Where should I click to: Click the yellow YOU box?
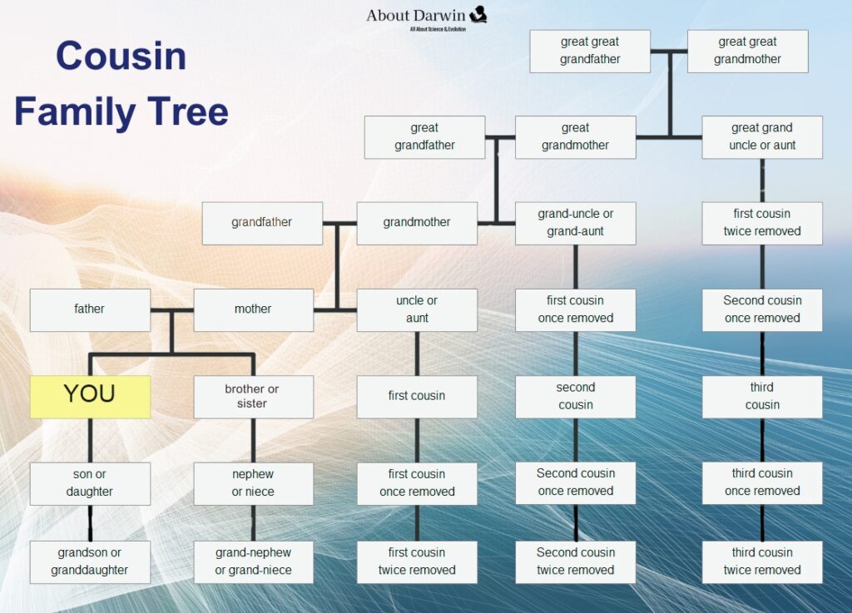90,396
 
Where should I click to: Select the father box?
90,309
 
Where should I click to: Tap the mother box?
253,309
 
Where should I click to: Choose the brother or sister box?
253,396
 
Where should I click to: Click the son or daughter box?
90,483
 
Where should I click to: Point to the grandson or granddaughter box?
90,561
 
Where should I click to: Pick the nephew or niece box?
253,483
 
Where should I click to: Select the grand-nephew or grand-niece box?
253,561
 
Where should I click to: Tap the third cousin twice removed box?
762,561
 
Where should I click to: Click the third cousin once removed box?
762,482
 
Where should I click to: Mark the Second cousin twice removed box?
576,561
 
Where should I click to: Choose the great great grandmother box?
747,51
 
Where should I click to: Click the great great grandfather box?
590,51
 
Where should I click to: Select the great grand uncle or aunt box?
762,136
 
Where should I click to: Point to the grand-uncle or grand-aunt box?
576,223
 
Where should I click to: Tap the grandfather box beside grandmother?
262,223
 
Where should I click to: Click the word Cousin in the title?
121,57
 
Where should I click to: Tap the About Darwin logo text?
416,15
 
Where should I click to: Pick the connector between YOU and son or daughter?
90,440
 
